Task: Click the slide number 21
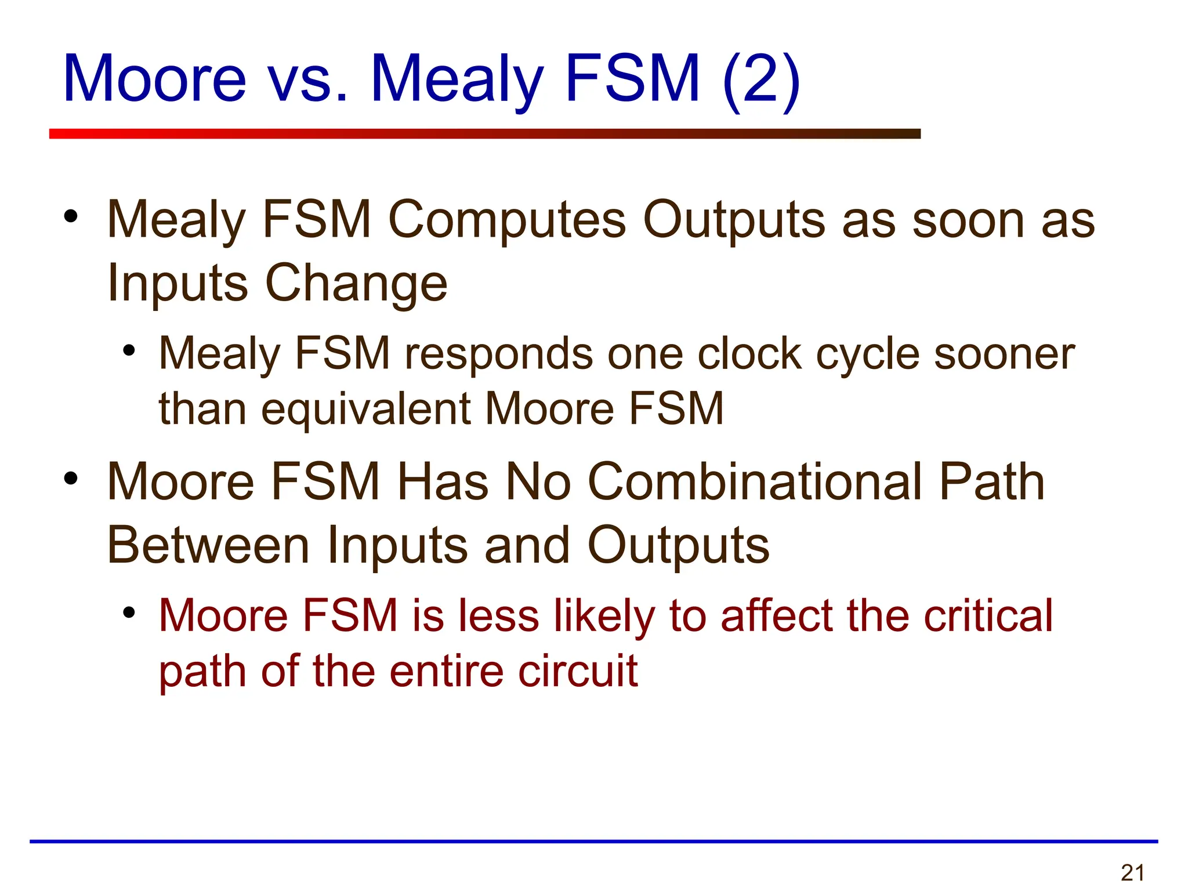tap(1132, 872)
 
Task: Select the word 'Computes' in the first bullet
tap(507, 220)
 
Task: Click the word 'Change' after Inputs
tap(356, 284)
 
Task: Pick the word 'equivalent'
tap(366, 408)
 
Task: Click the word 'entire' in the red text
tap(447, 671)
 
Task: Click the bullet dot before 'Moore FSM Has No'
tap(71, 479)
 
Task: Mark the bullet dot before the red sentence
tap(129, 613)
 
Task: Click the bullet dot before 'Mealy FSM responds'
tap(129, 350)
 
